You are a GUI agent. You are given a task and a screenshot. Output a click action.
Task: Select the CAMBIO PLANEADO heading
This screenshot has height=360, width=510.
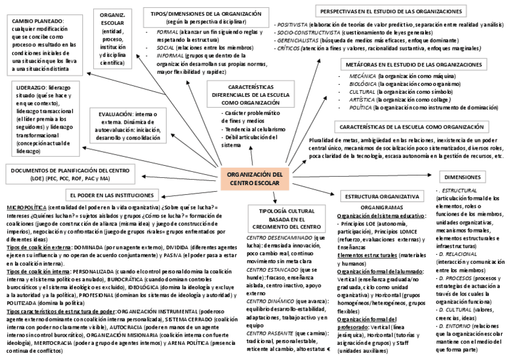tap(37, 21)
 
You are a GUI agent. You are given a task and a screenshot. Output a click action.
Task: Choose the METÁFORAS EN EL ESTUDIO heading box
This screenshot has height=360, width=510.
tap(413, 64)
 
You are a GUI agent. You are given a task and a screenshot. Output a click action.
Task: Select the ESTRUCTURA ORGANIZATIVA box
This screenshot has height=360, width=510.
tap(381, 197)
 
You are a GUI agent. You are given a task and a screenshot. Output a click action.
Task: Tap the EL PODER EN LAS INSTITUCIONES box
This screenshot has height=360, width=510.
tap(114, 195)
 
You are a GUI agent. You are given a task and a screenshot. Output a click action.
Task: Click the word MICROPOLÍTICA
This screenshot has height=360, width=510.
tap(26, 207)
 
